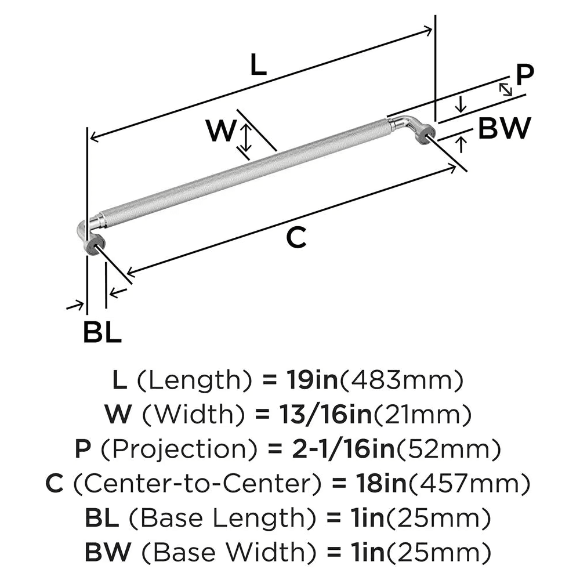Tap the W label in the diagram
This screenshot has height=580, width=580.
221,130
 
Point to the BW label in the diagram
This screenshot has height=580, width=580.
504,128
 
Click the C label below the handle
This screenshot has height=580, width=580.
296,238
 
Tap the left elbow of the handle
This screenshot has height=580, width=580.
88,228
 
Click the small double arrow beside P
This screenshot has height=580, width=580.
506,89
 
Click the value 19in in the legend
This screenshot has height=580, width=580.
310,381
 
